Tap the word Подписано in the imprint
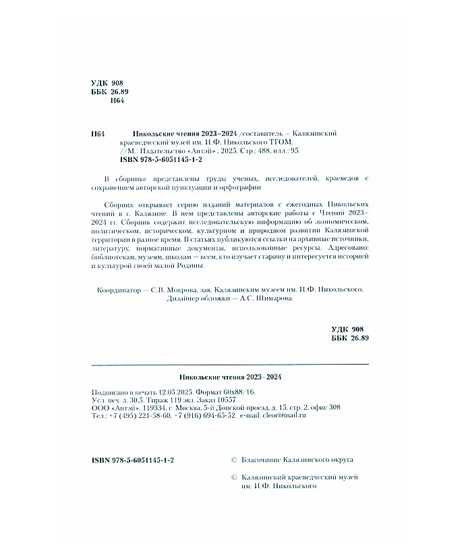[x=111, y=392]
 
